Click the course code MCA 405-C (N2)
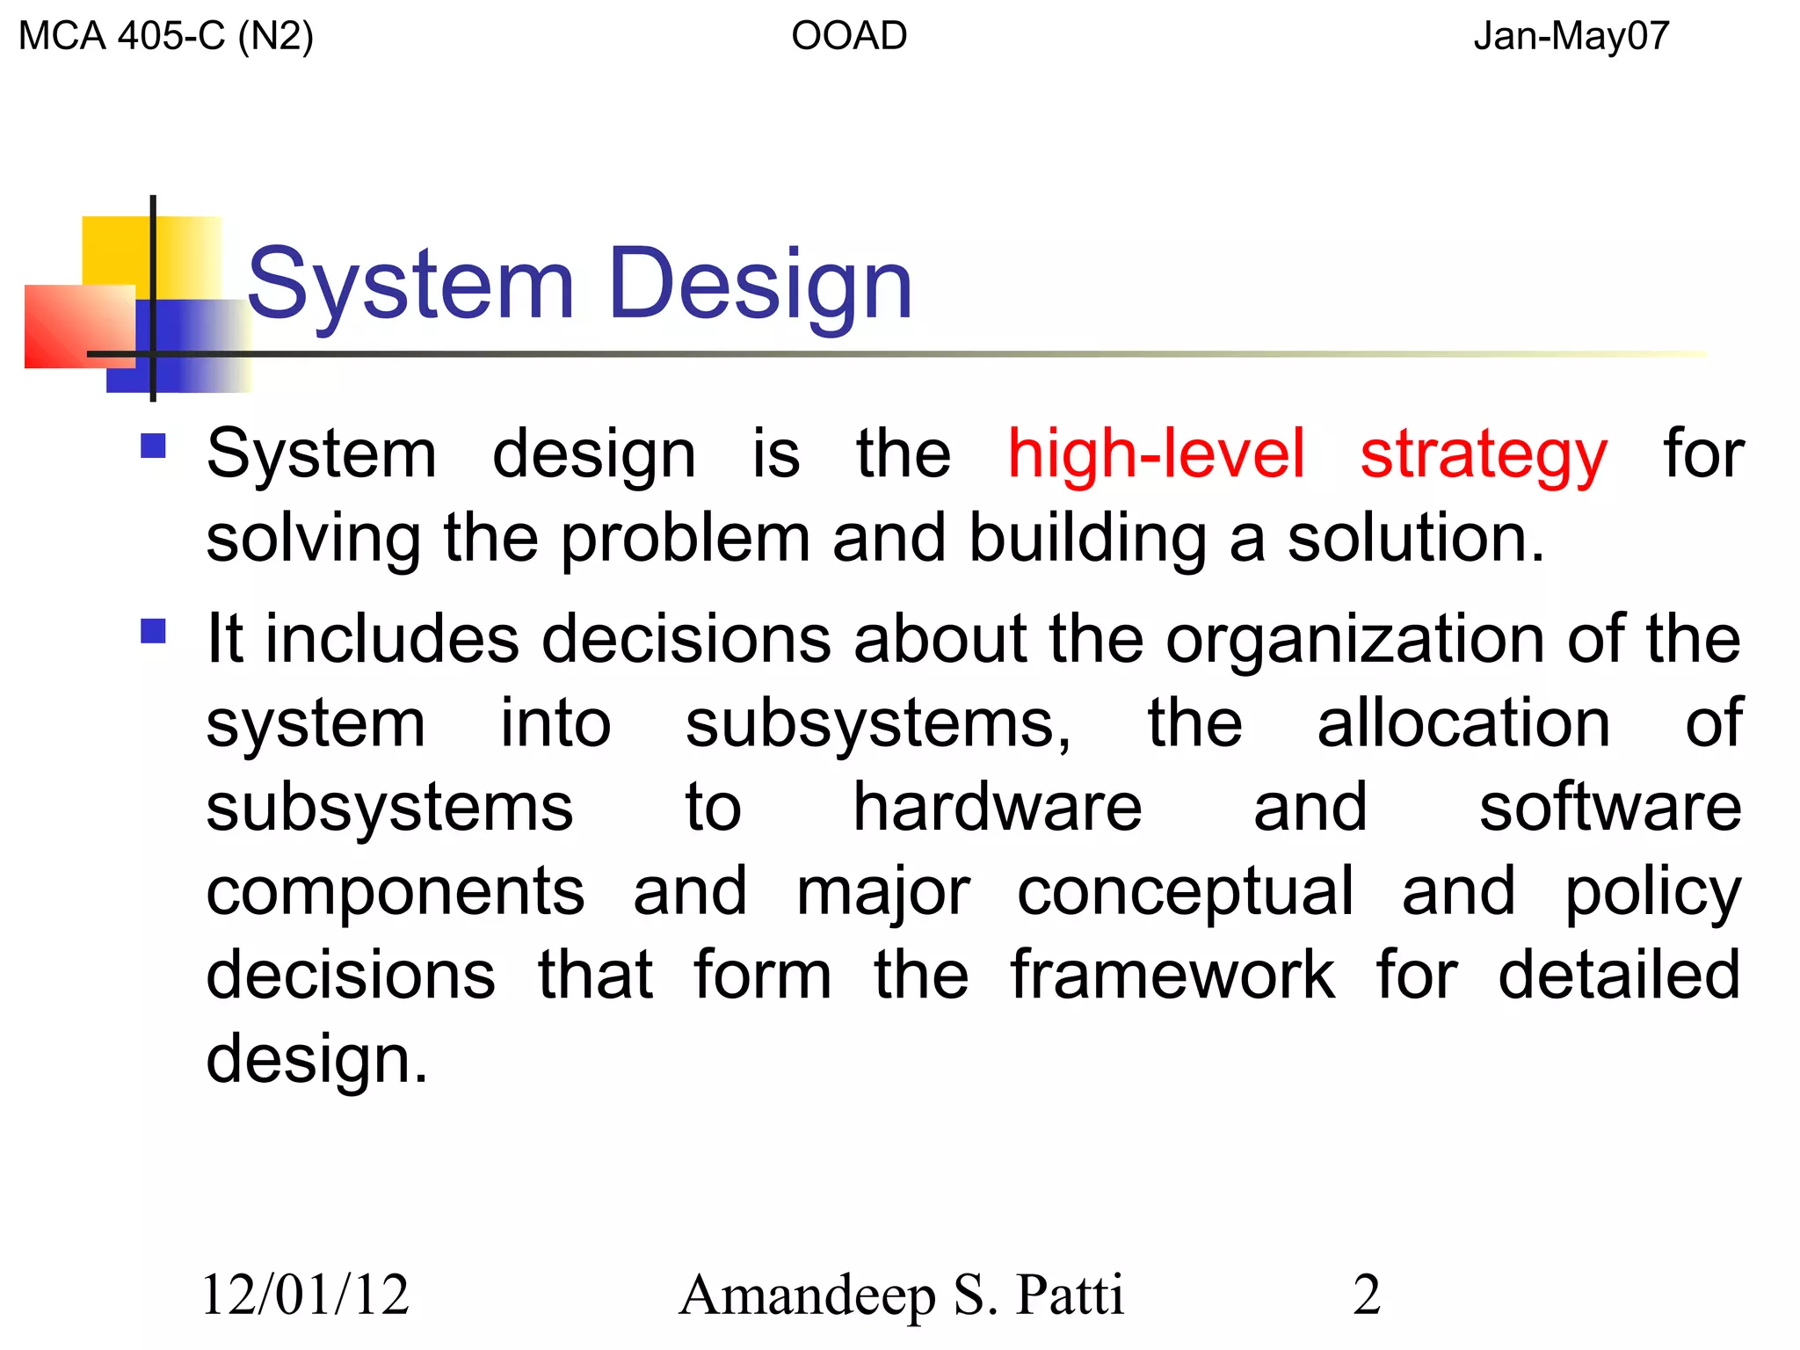click(x=165, y=36)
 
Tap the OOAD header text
click(x=848, y=36)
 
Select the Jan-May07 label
click(x=1571, y=36)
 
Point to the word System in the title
click(x=410, y=285)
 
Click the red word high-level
click(x=1155, y=454)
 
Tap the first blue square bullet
click(x=154, y=446)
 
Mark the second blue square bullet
click(x=154, y=631)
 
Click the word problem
click(x=686, y=540)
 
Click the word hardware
click(x=998, y=807)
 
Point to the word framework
click(x=1172, y=975)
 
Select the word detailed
click(x=1619, y=975)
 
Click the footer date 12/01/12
click(x=306, y=1295)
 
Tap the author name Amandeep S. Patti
click(x=901, y=1295)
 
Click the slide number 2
click(x=1367, y=1295)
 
